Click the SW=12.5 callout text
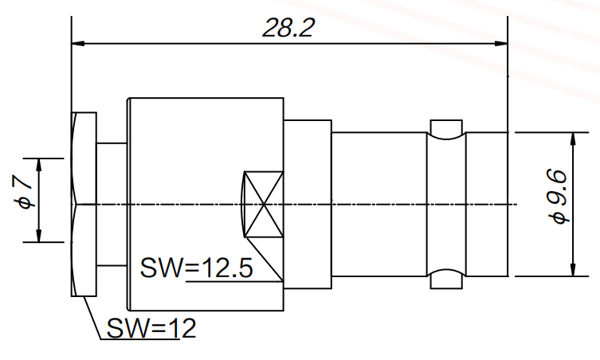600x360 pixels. pos(197,268)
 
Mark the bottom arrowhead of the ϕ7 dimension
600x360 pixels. pos(38,237)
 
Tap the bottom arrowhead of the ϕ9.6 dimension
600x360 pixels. pos(571,270)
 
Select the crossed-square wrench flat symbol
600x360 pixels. pos(264,205)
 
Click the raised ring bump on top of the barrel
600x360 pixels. pos(445,127)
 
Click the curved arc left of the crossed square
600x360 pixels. pos(241,205)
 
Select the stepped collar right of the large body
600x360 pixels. pos(307,205)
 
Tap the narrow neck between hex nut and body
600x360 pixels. pos(112,205)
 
